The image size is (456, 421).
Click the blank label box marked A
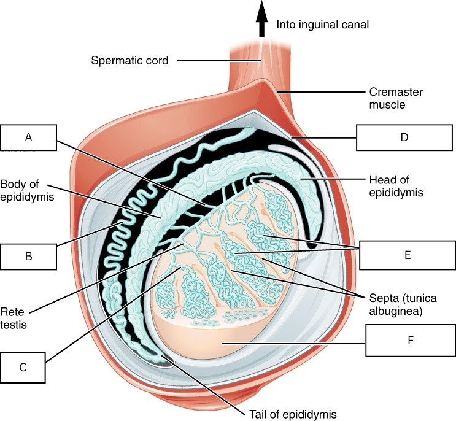[28, 137]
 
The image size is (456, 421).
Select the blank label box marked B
[28, 257]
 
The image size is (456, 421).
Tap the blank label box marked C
[23, 368]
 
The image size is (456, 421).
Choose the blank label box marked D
[404, 137]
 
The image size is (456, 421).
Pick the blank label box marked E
[408, 255]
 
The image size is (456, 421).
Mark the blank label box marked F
[411, 340]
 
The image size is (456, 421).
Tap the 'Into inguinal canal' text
[323, 25]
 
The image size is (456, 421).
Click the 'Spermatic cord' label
[129, 61]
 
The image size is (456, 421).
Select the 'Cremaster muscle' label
[396, 98]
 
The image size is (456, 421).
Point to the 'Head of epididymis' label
[396, 186]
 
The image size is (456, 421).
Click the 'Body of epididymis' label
[27, 190]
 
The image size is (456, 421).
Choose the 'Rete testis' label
[14, 318]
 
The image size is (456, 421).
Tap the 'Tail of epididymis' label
[293, 414]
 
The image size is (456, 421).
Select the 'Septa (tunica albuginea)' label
[403, 304]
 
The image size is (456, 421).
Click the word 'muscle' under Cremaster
[387, 105]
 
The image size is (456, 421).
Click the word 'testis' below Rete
[14, 325]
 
